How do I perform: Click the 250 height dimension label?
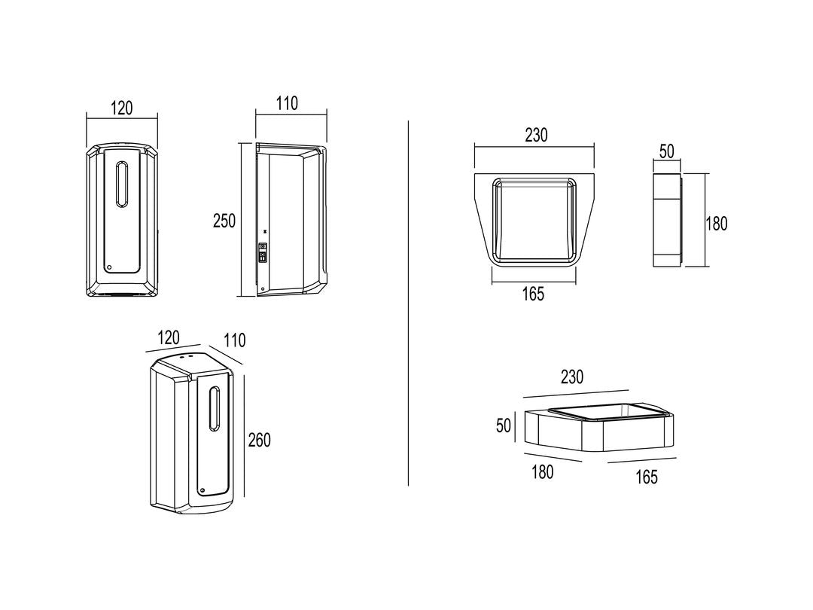(224, 221)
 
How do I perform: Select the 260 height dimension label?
(259, 440)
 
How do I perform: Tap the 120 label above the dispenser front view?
(122, 108)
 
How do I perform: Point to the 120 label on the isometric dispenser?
(169, 337)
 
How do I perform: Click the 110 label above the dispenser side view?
(287, 103)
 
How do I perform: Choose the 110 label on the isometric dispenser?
(234, 340)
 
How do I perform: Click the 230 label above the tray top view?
(536, 135)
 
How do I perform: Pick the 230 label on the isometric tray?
(572, 377)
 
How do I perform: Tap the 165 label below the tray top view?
(533, 294)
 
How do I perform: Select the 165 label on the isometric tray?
(647, 477)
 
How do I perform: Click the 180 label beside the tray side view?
(717, 224)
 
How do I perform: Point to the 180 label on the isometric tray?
(542, 472)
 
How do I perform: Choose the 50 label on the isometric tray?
(504, 425)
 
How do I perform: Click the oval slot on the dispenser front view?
(122, 185)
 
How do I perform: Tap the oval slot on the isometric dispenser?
(214, 409)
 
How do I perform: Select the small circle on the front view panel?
(109, 267)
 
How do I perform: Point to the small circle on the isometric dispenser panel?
(202, 490)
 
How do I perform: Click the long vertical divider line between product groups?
(409, 303)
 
